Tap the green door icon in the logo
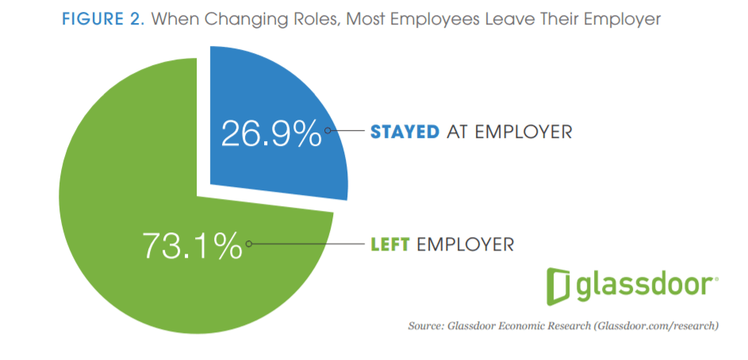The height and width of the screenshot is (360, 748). [x=560, y=286]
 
